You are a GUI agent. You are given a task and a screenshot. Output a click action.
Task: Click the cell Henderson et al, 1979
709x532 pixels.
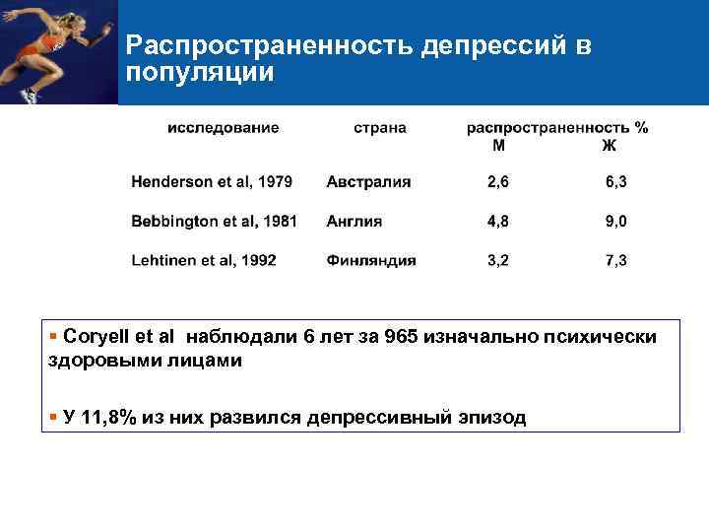(212, 182)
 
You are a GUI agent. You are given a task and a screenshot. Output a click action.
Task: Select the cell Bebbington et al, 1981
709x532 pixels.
(214, 222)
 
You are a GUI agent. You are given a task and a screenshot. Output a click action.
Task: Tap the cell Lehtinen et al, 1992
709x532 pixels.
(204, 261)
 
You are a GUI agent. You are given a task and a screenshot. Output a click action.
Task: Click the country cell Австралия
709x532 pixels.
(368, 182)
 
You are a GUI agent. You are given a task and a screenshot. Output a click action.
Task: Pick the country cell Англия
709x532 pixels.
(354, 222)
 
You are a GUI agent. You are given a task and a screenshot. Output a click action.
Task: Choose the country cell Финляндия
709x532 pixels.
(371, 261)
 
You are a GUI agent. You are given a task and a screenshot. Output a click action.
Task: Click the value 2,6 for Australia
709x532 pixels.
(498, 182)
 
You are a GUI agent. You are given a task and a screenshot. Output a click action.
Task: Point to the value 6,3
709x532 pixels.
(616, 182)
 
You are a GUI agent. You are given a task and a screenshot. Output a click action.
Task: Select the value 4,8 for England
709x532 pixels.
(498, 222)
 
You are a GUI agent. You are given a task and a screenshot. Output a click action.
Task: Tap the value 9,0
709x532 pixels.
(616, 222)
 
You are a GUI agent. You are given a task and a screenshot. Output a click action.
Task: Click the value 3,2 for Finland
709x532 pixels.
(498, 261)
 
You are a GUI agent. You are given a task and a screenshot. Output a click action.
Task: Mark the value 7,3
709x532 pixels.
(616, 261)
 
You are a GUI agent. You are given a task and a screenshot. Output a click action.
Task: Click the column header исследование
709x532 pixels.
(223, 128)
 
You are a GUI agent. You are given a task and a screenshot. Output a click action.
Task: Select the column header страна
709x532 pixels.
(380, 128)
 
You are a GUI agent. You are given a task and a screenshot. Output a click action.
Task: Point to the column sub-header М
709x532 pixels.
(499, 146)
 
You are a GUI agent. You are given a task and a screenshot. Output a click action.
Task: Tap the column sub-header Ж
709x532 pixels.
(610, 146)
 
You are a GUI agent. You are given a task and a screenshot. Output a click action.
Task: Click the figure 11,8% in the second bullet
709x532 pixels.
(108, 417)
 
